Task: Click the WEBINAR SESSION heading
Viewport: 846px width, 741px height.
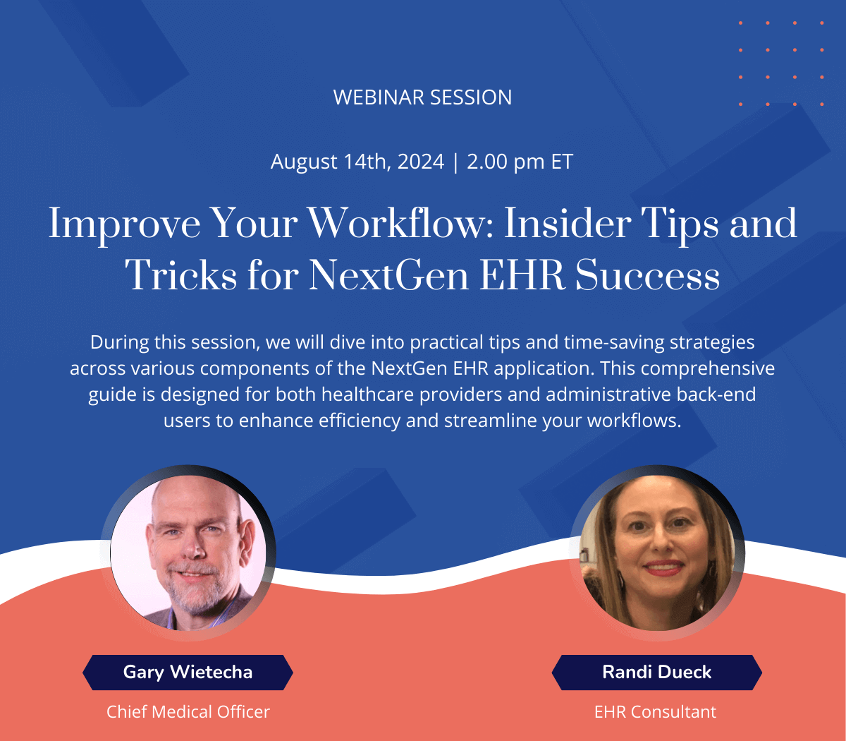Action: point(422,97)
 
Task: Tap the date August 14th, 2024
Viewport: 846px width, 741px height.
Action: point(357,162)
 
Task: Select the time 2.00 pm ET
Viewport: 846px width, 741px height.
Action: point(520,162)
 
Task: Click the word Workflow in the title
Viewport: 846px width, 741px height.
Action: point(400,223)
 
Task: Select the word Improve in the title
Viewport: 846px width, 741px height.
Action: point(125,224)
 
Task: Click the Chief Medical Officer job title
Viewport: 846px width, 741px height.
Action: point(188,712)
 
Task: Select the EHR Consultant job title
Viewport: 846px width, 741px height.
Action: point(656,712)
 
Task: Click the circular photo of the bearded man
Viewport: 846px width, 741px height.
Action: point(188,553)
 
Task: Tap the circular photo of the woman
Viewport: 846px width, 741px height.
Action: point(657,553)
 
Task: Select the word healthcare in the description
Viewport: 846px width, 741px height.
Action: point(367,394)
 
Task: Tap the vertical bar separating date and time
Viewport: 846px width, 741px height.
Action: point(455,162)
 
